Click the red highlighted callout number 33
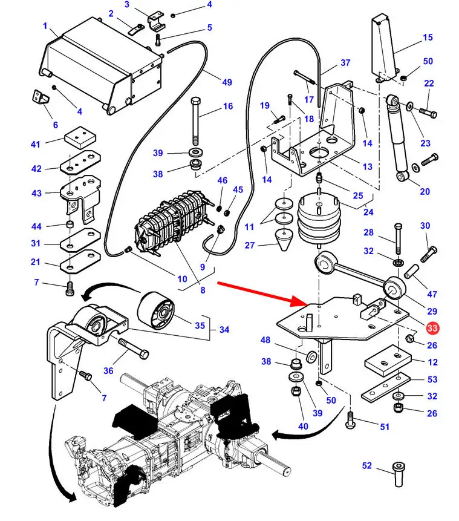(432, 328)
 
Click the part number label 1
(45, 26)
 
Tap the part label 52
(366, 465)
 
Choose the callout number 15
(428, 38)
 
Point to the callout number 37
(345, 62)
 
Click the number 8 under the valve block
(203, 290)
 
